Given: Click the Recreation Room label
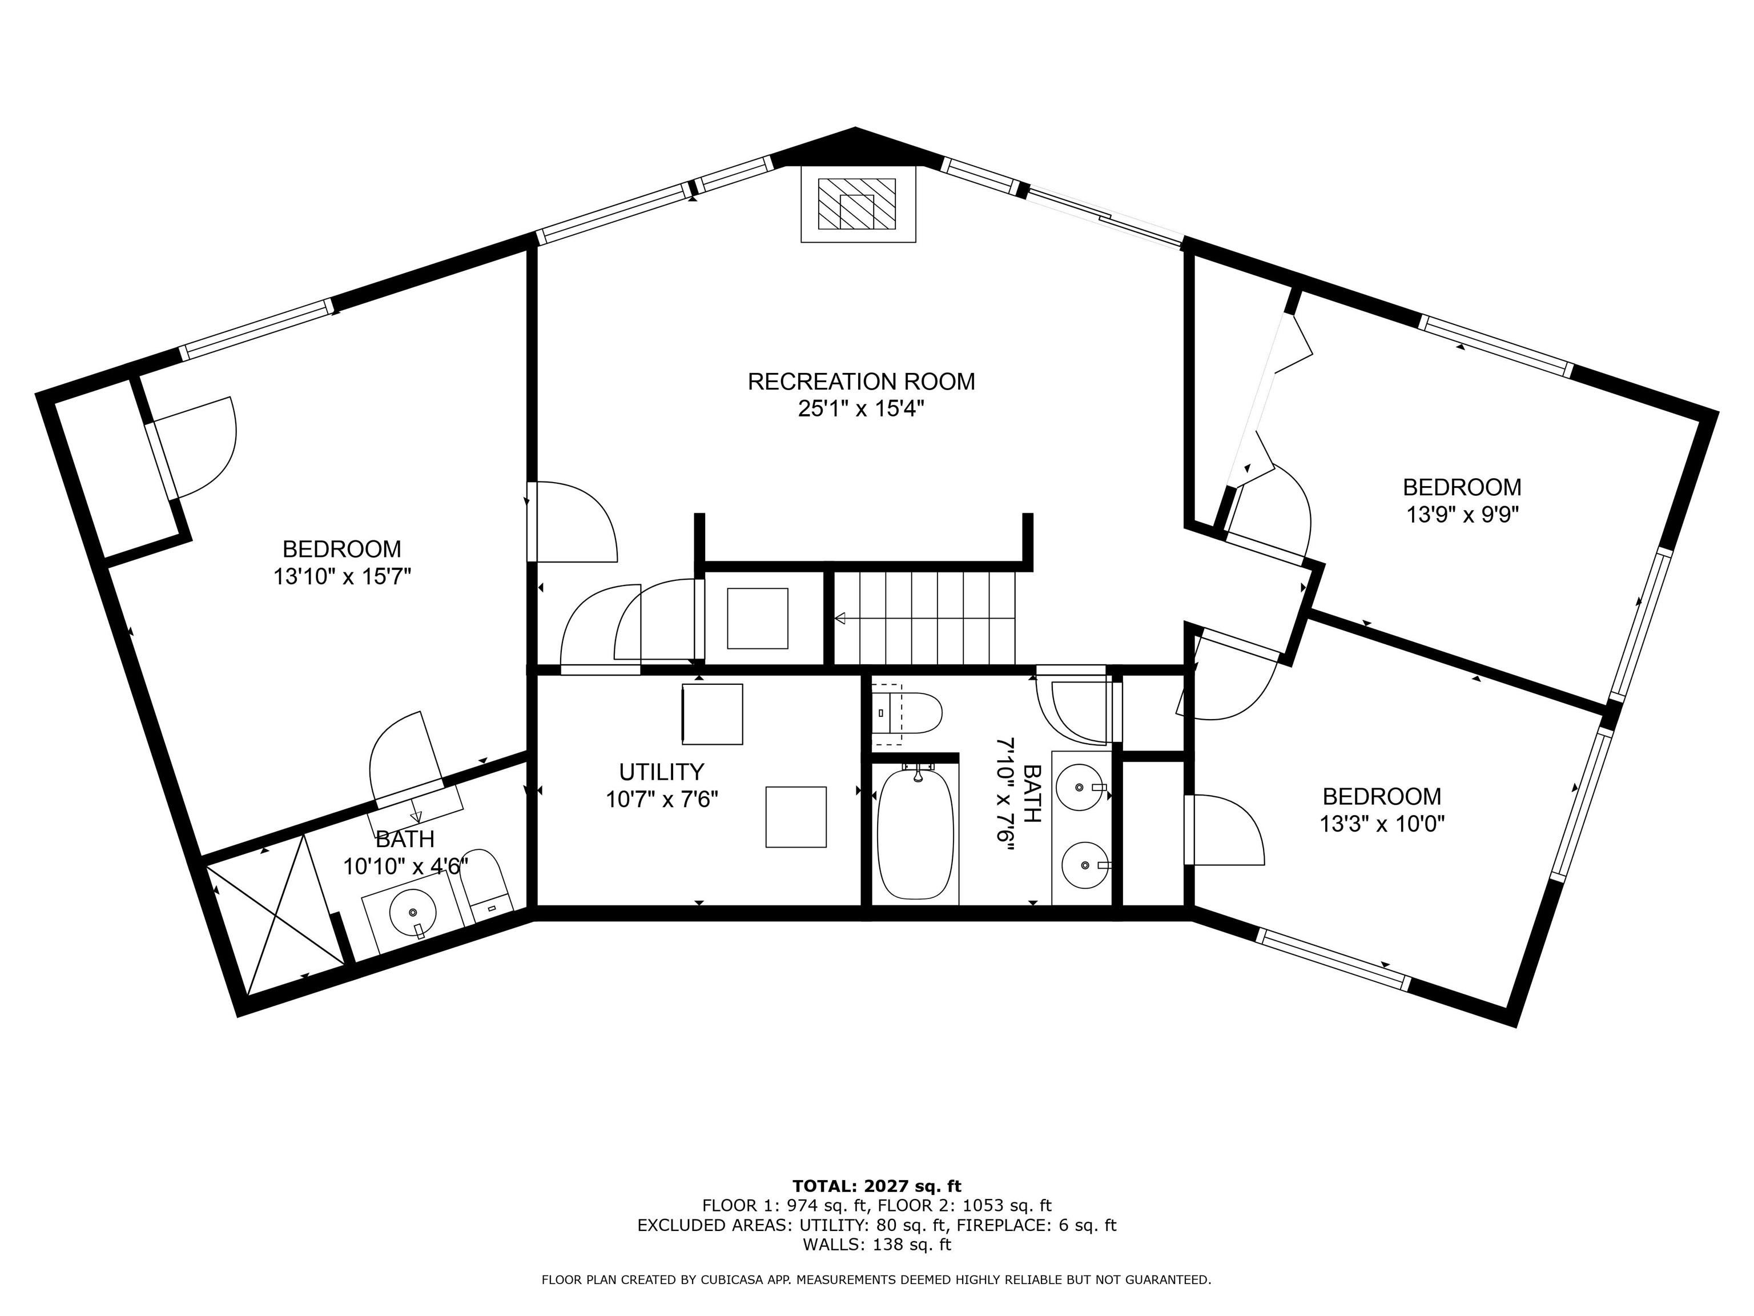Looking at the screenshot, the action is [861, 382].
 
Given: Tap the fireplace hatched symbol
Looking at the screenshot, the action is [857, 204].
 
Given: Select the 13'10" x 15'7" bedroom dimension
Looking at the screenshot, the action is [343, 576].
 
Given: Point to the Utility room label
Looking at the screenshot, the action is [661, 771].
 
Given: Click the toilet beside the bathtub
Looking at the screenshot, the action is [906, 714].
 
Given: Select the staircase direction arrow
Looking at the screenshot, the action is [924, 618].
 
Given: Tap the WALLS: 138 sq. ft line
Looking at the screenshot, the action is [877, 1245].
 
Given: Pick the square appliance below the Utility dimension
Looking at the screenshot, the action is [795, 817].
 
